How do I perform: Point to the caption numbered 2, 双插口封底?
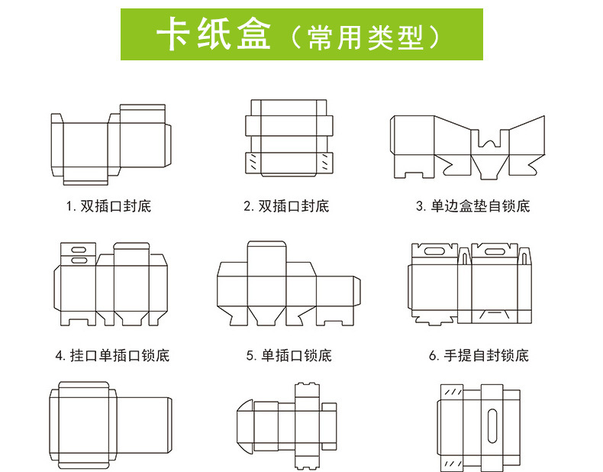(286, 206)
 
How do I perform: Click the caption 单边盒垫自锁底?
(472, 206)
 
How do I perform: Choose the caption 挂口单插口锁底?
(112, 356)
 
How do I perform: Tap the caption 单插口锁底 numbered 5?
(289, 356)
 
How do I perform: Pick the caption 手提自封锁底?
(478, 356)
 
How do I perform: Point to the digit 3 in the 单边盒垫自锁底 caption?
(420, 206)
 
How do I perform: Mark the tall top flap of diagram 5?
(266, 252)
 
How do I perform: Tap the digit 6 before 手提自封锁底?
(432, 356)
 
